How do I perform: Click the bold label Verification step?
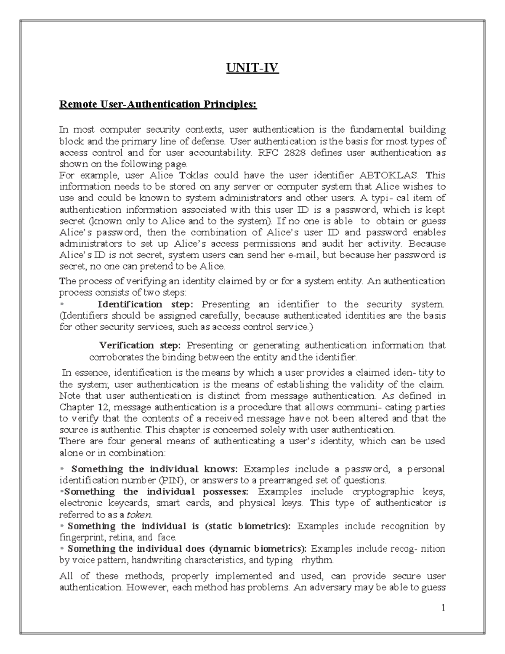(x=139, y=345)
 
